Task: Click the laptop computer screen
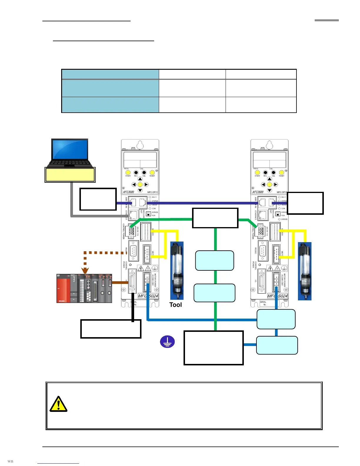(x=70, y=149)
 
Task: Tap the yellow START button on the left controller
(x=128, y=172)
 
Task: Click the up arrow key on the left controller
(x=140, y=179)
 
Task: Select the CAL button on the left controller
(x=144, y=172)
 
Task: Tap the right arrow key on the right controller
(x=276, y=184)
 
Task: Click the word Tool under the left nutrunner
(x=176, y=305)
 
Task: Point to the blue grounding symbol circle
(x=167, y=342)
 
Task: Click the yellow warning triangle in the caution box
(x=58, y=404)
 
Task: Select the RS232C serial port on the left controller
(x=134, y=251)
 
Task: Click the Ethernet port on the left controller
(x=134, y=215)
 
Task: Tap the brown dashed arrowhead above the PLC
(x=85, y=270)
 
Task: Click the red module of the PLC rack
(x=63, y=288)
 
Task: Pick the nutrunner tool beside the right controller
(x=304, y=271)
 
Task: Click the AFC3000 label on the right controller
(x=258, y=192)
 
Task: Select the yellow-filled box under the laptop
(x=70, y=174)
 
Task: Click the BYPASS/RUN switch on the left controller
(x=149, y=214)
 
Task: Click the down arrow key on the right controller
(x=269, y=190)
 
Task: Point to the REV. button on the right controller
(x=265, y=172)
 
